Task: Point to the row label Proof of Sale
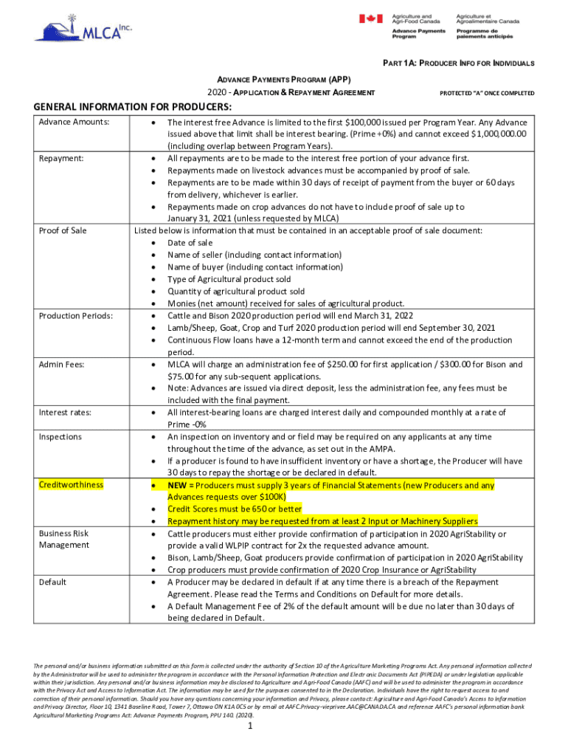(x=63, y=230)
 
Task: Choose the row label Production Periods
(x=76, y=316)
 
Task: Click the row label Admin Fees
(x=62, y=365)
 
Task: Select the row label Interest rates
(x=66, y=412)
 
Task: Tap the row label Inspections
(x=60, y=437)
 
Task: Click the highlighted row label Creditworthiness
(x=72, y=485)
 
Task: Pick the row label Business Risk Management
(x=64, y=539)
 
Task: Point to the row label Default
(x=53, y=582)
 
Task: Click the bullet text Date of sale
(x=190, y=243)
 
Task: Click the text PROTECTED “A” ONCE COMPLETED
(x=487, y=93)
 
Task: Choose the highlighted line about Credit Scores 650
(x=234, y=509)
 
